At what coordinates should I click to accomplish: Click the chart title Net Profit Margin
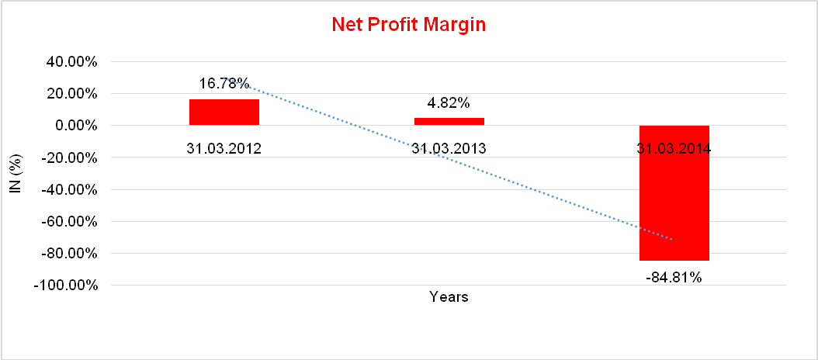408,25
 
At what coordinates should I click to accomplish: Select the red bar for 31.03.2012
224,112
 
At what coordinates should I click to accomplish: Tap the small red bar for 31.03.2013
449,121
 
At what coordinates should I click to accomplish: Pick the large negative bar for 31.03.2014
674,193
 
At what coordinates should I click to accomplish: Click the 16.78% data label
224,83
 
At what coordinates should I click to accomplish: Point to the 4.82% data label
449,102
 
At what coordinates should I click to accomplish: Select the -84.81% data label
674,277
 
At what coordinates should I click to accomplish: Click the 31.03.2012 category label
224,149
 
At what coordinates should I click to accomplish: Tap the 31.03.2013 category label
449,149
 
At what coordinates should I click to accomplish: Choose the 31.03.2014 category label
674,149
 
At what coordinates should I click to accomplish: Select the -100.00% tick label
66,286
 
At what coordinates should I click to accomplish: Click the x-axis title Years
449,296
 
